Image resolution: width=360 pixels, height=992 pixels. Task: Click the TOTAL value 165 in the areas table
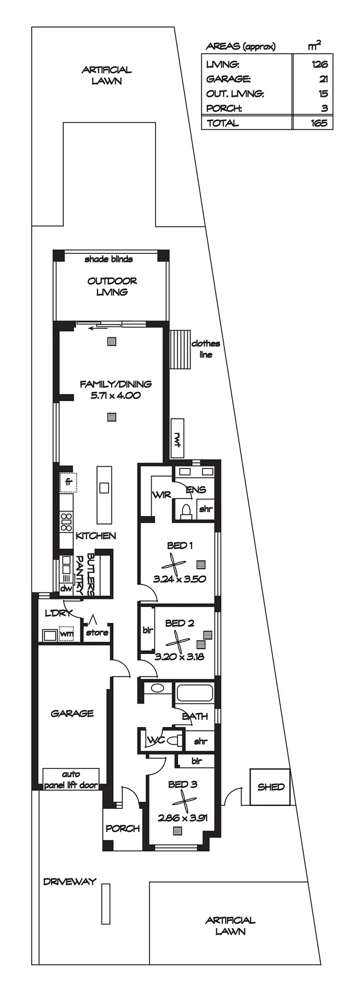pyautogui.click(x=319, y=123)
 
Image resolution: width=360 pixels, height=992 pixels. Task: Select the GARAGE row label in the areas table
pyautogui.click(x=228, y=79)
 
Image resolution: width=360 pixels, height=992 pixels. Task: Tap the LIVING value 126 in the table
pyautogui.click(x=319, y=64)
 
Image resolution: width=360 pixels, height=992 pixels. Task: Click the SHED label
pyautogui.click(x=271, y=787)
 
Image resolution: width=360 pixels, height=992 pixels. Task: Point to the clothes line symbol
pyautogui.click(x=180, y=349)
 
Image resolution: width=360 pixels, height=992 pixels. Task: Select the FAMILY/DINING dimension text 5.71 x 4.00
pyautogui.click(x=115, y=395)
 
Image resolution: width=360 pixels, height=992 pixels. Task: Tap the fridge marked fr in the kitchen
pyautogui.click(x=68, y=482)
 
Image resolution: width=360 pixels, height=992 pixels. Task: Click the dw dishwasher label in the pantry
pyautogui.click(x=66, y=588)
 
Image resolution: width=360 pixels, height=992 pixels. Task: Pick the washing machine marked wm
pyautogui.click(x=67, y=634)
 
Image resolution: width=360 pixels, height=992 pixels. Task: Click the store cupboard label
pyautogui.click(x=97, y=633)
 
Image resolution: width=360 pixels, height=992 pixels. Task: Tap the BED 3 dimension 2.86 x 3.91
pyautogui.click(x=182, y=818)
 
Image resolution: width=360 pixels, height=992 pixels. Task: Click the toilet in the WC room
pyautogui.click(x=178, y=741)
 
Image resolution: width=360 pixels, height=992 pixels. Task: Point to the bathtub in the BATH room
pyautogui.click(x=194, y=693)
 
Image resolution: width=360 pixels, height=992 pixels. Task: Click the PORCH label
pyautogui.click(x=122, y=828)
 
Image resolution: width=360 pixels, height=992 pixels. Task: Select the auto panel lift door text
pyautogui.click(x=71, y=780)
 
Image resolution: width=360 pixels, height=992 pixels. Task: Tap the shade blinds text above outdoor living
pyautogui.click(x=108, y=259)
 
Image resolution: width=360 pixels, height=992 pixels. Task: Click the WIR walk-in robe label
pyautogui.click(x=161, y=495)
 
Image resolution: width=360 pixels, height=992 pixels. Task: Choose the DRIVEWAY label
pyautogui.click(x=70, y=882)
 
